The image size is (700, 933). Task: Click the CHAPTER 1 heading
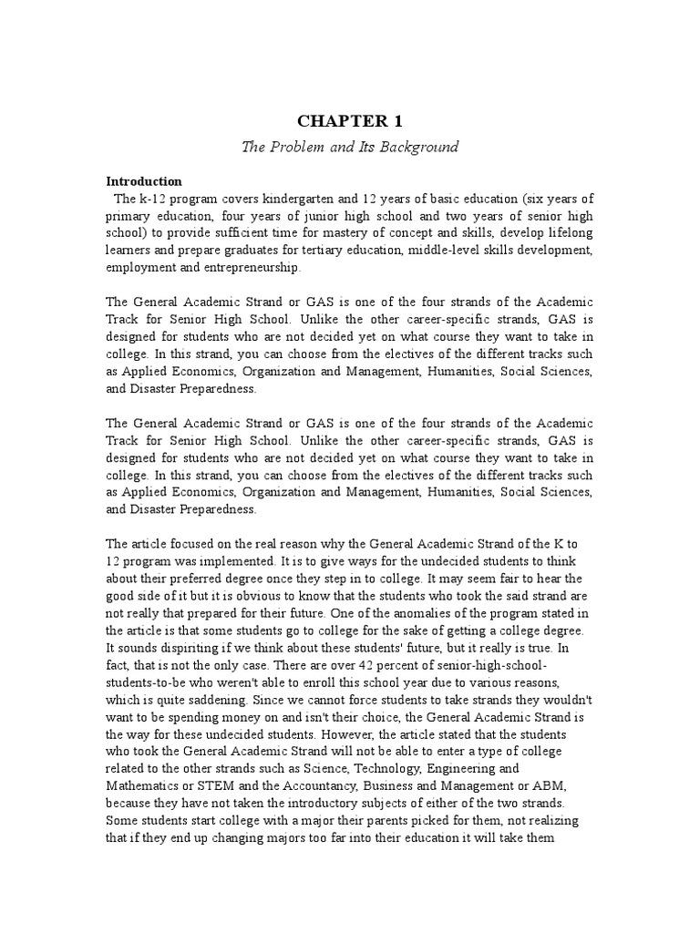[350, 121]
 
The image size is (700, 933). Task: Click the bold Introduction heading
[144, 181]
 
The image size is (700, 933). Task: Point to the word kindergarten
[304, 200]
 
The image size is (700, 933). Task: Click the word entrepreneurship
[253, 269]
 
